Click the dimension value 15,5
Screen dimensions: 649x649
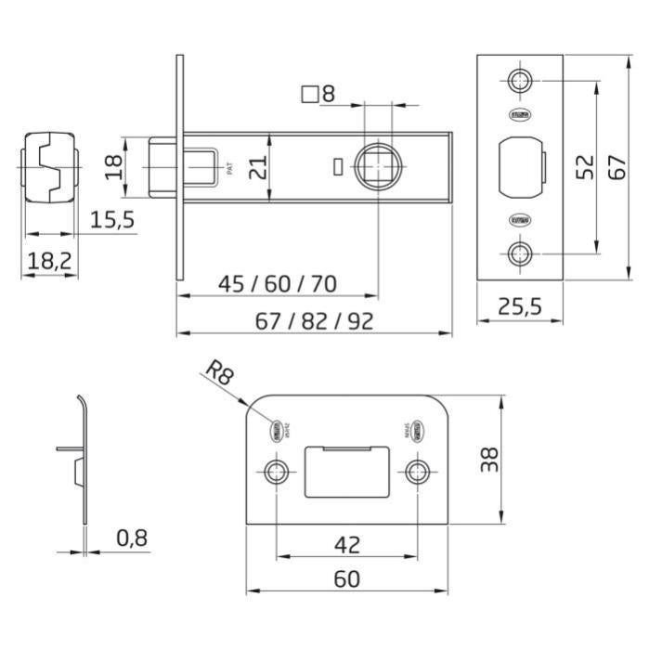[x=112, y=220]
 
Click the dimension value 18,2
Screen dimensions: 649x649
[x=50, y=261]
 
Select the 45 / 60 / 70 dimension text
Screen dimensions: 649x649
[x=277, y=283]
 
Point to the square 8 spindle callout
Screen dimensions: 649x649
[x=318, y=93]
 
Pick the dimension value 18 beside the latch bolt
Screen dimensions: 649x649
[x=112, y=167]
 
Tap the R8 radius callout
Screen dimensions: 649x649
[x=219, y=373]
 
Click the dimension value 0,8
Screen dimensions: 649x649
[x=133, y=537]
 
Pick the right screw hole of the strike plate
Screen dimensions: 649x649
[x=415, y=471]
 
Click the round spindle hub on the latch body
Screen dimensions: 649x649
[x=380, y=165]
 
